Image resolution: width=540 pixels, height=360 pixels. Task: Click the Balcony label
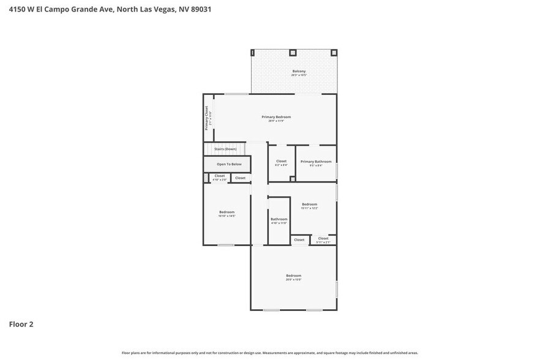coord(298,72)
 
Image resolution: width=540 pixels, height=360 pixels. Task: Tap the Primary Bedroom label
coord(276,117)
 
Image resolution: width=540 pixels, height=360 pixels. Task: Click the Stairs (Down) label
coord(225,149)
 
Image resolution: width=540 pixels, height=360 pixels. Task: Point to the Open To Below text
coord(229,164)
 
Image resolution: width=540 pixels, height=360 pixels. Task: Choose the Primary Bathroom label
coord(316,162)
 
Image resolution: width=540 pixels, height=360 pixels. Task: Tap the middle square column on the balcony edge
coord(292,52)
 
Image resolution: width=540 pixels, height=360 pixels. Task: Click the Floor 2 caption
coord(21,324)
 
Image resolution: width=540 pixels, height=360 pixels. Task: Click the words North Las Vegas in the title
coord(143,10)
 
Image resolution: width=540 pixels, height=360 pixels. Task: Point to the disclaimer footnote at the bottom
coord(270,353)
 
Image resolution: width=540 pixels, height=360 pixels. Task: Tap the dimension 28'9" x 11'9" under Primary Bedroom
coord(276,121)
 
